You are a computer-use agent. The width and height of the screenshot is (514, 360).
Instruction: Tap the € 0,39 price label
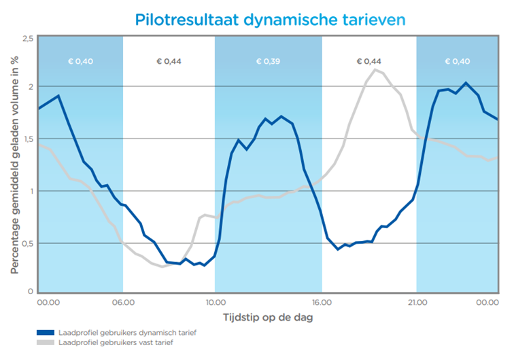(268, 62)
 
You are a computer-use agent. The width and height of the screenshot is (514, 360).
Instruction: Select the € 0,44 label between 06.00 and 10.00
(169, 62)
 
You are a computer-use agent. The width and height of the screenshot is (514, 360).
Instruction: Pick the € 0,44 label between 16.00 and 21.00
(369, 62)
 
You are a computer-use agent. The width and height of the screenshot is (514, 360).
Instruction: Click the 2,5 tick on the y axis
(27, 39)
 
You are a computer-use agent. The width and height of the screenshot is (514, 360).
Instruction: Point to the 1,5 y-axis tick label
(27, 139)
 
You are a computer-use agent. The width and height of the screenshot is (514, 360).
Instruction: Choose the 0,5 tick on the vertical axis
(27, 243)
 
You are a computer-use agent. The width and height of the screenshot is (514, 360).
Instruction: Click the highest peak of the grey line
(375, 69)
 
